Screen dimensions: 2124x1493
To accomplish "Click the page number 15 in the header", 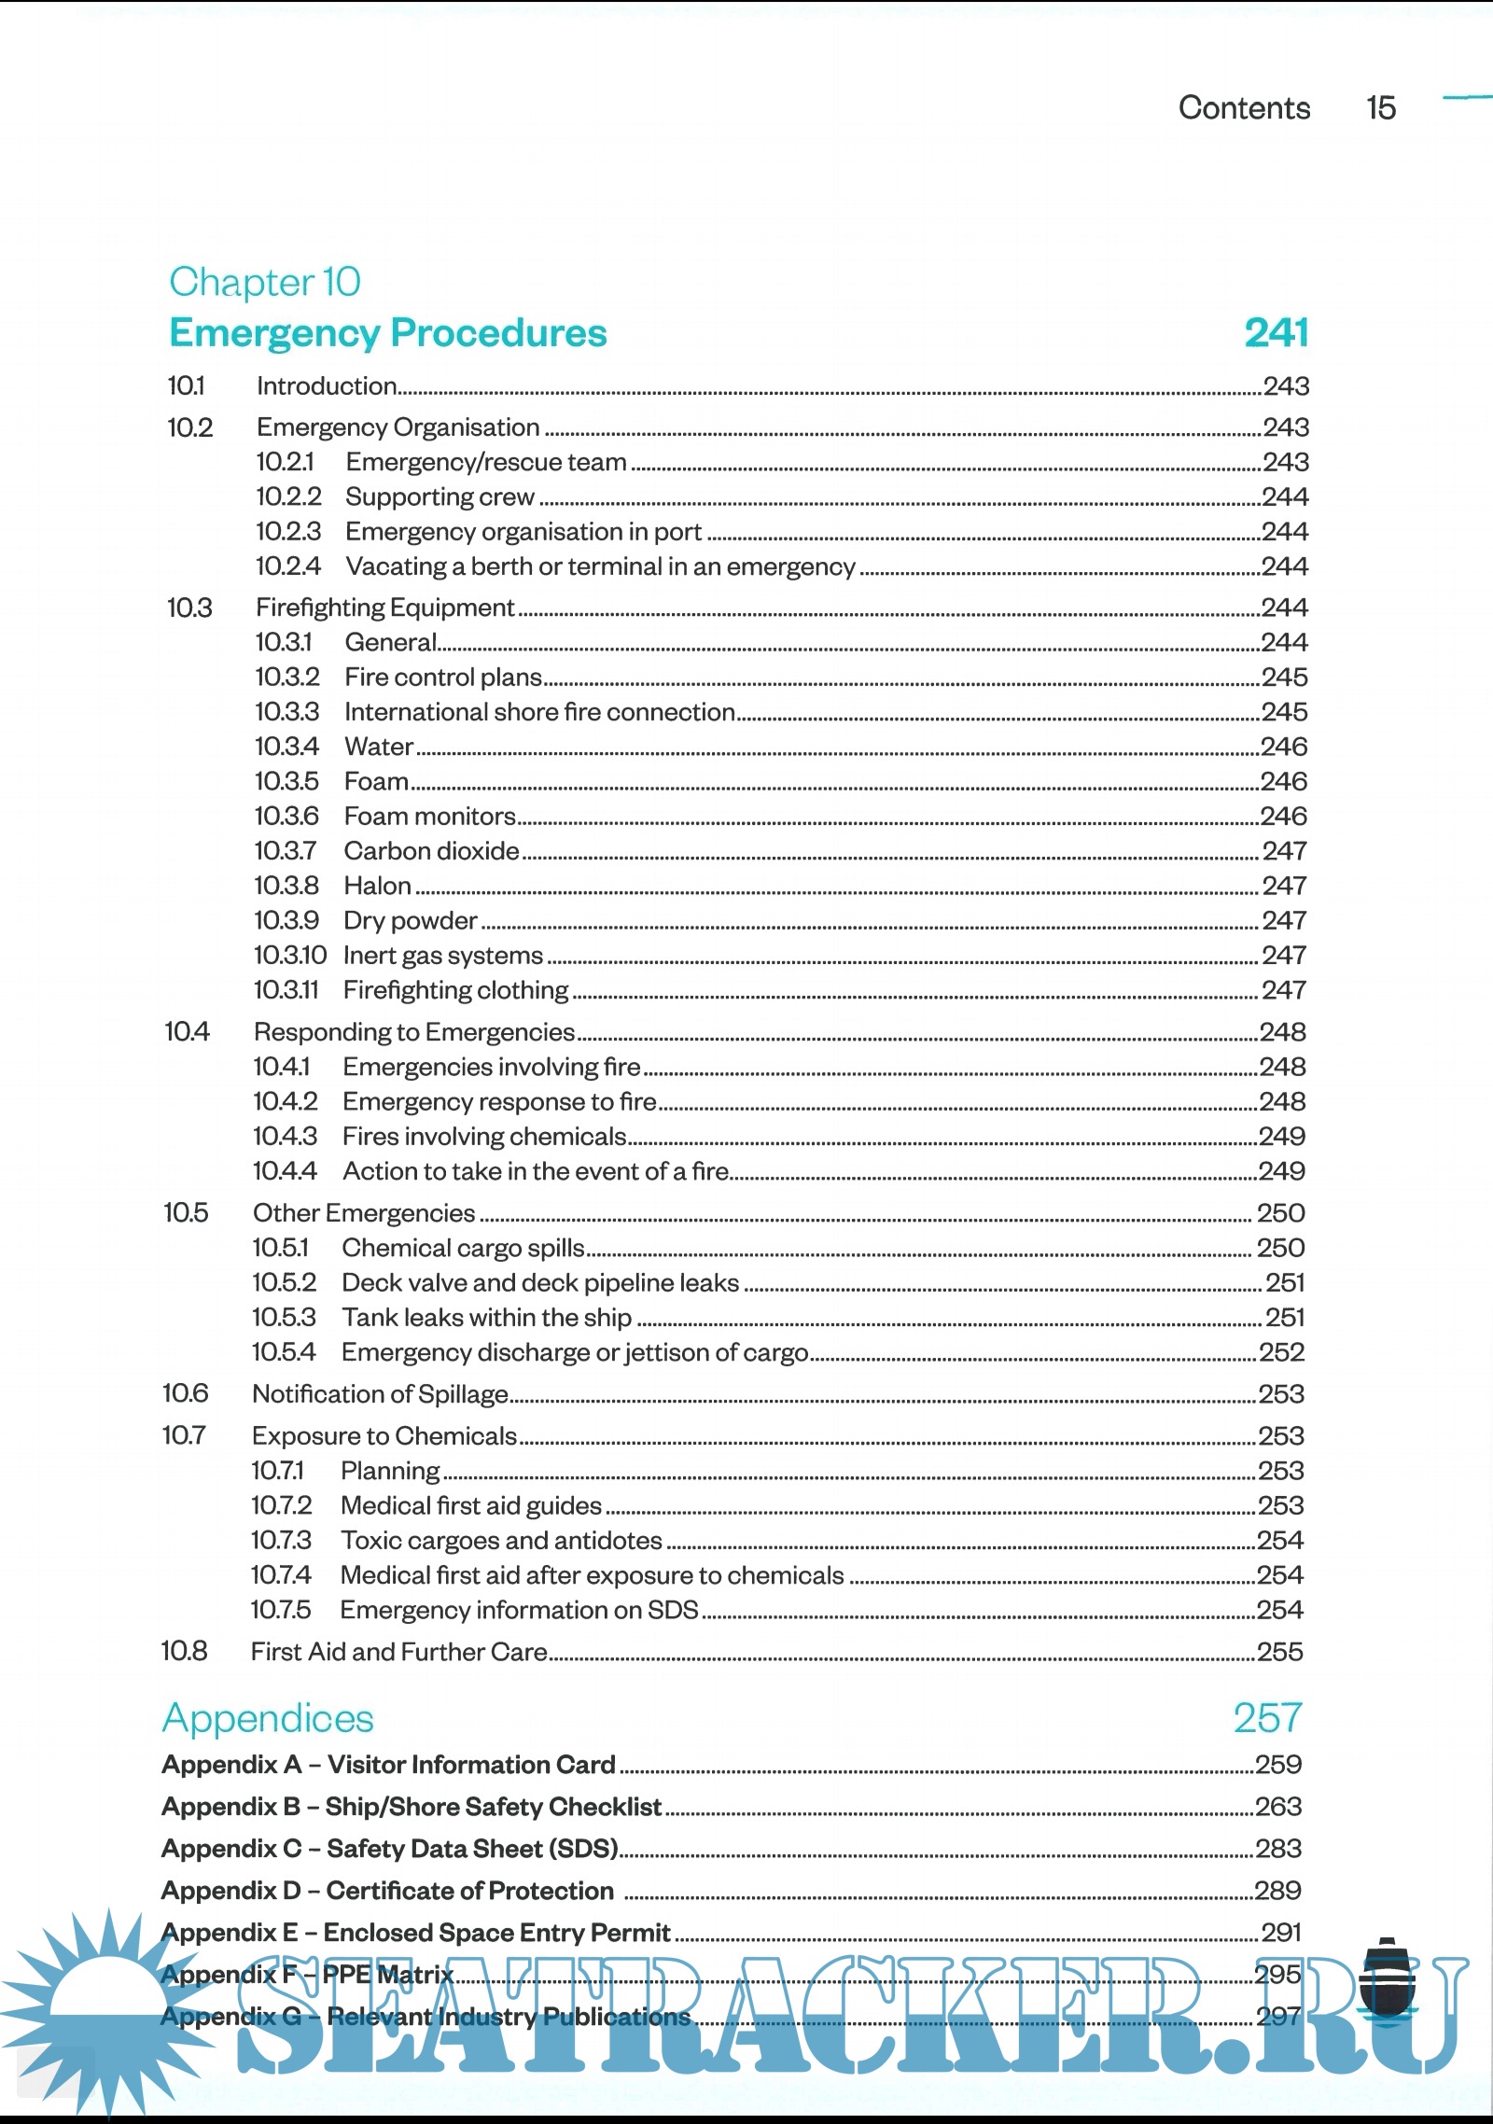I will (x=1381, y=108).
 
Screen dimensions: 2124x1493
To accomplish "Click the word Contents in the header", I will (x=1244, y=108).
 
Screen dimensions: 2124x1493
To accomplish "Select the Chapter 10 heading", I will (x=265, y=282).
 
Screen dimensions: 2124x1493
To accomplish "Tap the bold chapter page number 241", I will (x=1276, y=333).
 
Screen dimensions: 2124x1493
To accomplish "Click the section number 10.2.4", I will (x=288, y=566).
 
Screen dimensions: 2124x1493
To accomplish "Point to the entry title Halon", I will (x=377, y=886).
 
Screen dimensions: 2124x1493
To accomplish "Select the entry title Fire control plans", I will (x=443, y=677).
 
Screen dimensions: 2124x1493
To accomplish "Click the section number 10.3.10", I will (x=290, y=956).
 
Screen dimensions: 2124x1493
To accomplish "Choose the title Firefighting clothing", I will (x=455, y=990).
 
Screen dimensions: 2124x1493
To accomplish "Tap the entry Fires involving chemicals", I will (x=483, y=1137).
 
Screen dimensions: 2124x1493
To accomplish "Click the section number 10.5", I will (x=186, y=1213).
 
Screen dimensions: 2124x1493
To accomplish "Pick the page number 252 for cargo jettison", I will (x=1281, y=1352).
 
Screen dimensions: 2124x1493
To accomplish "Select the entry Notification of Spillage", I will (x=380, y=1394).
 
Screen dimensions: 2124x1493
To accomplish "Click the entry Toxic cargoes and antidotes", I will (x=501, y=1541).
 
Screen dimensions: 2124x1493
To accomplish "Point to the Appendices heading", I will (x=268, y=1719).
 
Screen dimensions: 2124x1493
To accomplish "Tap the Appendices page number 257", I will (x=1267, y=1718).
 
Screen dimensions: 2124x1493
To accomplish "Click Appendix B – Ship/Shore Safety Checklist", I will (x=412, y=1807).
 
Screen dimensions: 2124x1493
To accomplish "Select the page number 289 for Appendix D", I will (x=1277, y=1891).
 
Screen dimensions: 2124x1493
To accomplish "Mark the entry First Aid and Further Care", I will (x=398, y=1652).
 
